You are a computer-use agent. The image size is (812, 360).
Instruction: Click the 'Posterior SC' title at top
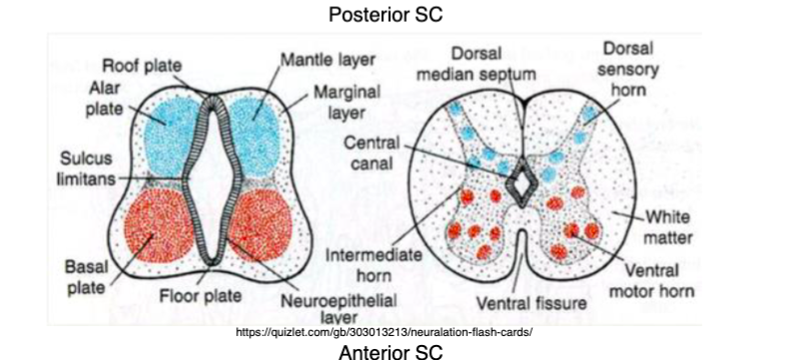pos(384,14)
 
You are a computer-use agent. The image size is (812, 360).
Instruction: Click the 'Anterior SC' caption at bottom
pos(384,350)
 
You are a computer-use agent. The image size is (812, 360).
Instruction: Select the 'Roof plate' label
pos(141,67)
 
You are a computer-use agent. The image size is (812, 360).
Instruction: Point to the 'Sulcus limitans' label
pos(86,168)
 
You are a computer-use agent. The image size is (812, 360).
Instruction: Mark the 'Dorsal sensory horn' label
pos(627,68)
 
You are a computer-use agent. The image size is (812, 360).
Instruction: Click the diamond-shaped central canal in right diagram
pos(522,181)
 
